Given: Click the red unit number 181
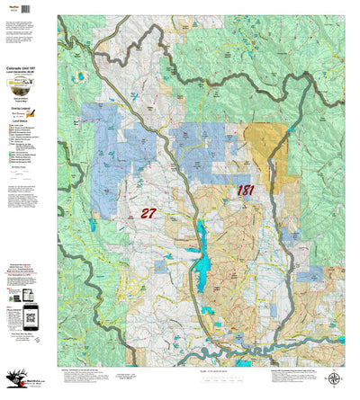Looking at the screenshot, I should tap(246, 190).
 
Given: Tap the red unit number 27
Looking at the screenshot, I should tap(148, 213).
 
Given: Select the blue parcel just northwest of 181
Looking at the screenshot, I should tap(202, 153).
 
